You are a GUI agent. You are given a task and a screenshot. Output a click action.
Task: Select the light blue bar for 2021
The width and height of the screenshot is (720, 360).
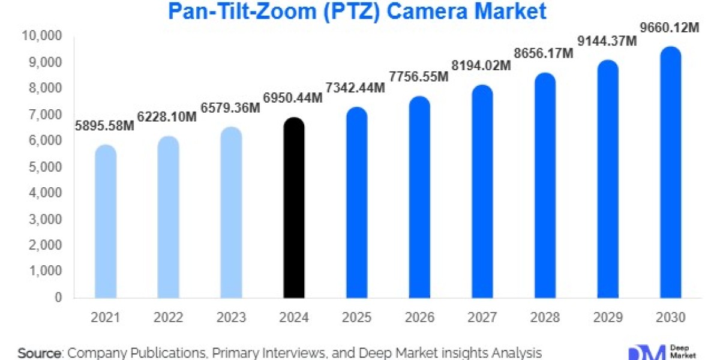pyautogui.click(x=106, y=221)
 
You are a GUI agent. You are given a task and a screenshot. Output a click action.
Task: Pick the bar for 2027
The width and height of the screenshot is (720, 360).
pyautogui.click(x=482, y=191)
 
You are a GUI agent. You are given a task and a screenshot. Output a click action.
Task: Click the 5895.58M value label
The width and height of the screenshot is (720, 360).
pyautogui.click(x=106, y=125)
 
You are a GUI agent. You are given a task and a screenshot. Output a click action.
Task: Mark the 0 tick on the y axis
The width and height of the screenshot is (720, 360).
pyautogui.click(x=58, y=298)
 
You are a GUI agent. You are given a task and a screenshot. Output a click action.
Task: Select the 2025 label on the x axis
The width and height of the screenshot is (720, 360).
pyautogui.click(x=356, y=317)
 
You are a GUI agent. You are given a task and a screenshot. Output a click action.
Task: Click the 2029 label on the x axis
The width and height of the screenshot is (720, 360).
pyautogui.click(x=607, y=317)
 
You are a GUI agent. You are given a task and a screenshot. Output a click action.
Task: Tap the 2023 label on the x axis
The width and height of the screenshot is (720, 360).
pyautogui.click(x=231, y=317)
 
